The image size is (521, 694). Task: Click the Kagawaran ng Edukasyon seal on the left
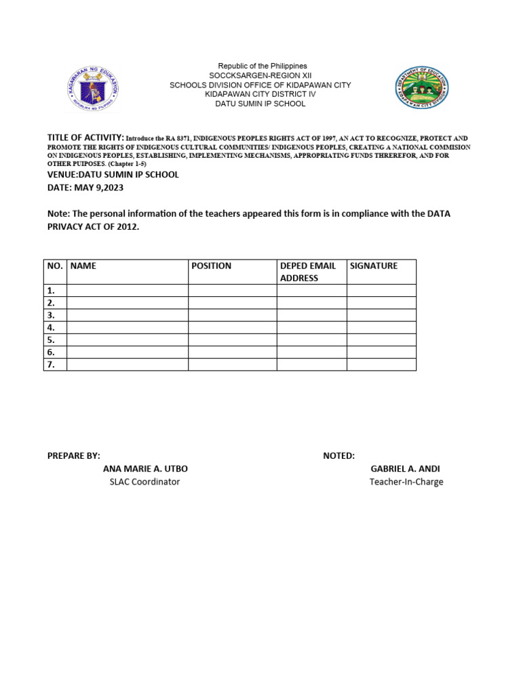click(94, 87)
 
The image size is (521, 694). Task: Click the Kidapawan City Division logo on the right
click(422, 89)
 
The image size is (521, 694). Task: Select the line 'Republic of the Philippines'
click(262, 66)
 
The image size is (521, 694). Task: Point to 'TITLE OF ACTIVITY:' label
click(85, 138)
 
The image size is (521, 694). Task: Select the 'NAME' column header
click(83, 266)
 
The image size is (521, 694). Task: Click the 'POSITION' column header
click(211, 266)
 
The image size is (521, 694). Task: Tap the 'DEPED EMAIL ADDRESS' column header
click(309, 272)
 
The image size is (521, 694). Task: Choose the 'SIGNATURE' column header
click(374, 266)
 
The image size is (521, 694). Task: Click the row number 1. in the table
click(52, 291)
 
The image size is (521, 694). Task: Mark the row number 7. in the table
click(52, 365)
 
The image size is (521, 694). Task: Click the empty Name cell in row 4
click(128, 327)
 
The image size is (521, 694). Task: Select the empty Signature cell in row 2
click(381, 303)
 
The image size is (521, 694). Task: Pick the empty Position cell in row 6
click(232, 352)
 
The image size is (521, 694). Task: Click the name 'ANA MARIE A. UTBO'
click(145, 469)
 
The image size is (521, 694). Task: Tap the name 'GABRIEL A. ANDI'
click(405, 469)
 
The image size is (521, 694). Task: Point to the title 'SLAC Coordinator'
click(145, 482)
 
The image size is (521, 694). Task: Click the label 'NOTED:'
click(339, 456)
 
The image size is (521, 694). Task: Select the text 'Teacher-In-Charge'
click(406, 482)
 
